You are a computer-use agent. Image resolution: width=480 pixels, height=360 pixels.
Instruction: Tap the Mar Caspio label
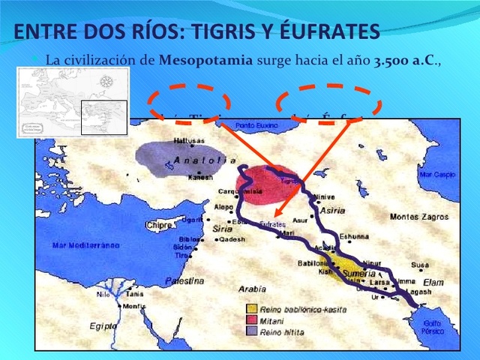click(x=437, y=174)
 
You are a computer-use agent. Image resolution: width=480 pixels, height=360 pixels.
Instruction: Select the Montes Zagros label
click(x=418, y=217)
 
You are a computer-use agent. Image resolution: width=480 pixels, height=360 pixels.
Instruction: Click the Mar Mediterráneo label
click(x=85, y=245)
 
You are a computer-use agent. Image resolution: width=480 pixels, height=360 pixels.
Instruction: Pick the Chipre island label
click(x=160, y=225)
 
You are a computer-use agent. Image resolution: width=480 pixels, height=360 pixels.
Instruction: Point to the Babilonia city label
click(x=314, y=263)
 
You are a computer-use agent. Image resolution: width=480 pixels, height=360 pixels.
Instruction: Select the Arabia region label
click(x=252, y=289)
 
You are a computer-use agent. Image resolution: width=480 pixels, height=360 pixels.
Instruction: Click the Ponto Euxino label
click(x=256, y=124)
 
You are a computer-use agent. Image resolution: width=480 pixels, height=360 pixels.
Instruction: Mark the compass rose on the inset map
click(x=106, y=81)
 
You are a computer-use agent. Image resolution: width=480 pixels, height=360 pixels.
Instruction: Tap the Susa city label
click(x=419, y=265)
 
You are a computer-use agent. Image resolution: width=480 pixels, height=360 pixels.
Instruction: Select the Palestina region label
click(x=184, y=280)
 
